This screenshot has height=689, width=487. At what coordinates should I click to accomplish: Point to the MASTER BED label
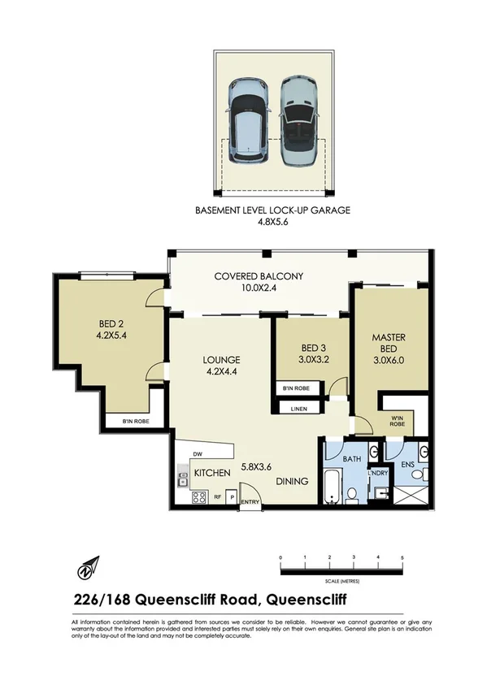(389, 343)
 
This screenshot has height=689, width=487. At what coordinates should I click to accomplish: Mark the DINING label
(291, 481)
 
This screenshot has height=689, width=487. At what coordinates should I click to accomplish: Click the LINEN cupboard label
(298, 409)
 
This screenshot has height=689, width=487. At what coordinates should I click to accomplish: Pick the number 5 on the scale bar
(402, 557)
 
